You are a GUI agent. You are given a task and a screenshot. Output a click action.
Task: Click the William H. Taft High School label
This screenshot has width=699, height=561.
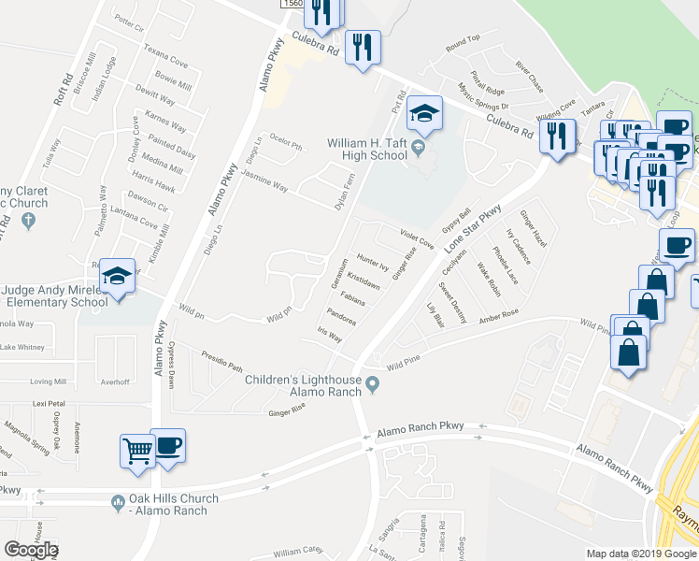tap(366, 149)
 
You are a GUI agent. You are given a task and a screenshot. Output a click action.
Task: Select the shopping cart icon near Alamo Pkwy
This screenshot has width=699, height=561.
tap(137, 451)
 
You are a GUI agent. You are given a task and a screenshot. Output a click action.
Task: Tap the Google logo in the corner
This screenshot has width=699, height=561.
tap(30, 550)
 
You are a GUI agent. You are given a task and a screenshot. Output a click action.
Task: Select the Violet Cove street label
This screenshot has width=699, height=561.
tap(417, 237)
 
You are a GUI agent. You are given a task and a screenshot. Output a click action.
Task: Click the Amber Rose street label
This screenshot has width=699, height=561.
tap(498, 318)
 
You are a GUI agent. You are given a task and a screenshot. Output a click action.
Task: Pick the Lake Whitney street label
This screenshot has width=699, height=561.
tap(23, 347)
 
